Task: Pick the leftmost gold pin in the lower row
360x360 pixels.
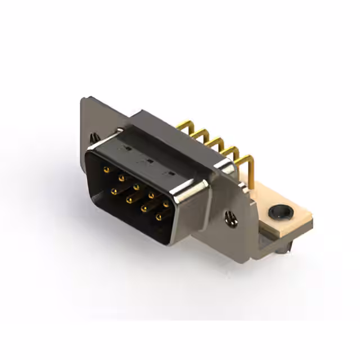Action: tap(114, 191)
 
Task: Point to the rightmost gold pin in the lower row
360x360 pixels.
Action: tap(159, 217)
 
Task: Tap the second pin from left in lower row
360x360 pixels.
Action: tap(129, 199)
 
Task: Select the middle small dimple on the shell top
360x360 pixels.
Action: tap(149, 161)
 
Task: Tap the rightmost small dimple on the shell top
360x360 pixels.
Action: tap(166, 173)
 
